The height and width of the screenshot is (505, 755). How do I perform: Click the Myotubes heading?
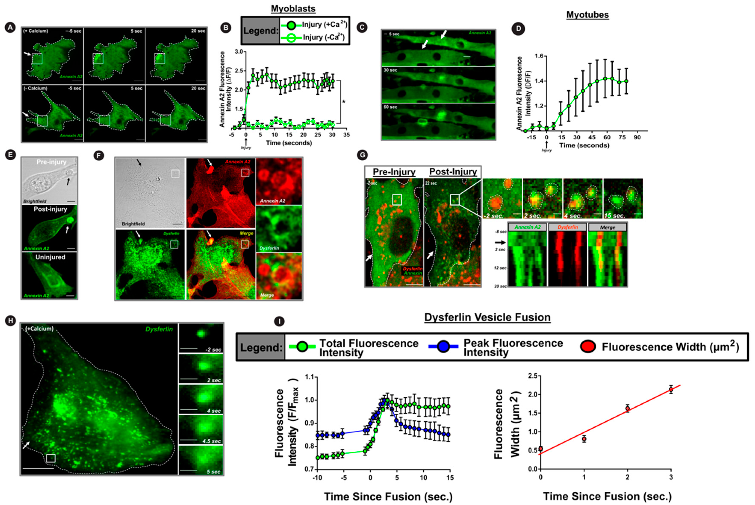587,15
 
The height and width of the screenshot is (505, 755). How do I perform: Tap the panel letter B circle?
226,28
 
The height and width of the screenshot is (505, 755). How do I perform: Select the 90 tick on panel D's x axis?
637,138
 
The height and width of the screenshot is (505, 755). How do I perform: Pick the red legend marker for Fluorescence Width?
588,347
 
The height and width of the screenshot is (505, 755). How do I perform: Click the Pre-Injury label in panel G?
394,172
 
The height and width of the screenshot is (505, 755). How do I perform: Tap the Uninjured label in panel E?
50,257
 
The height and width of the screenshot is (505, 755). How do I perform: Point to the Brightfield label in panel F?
133,224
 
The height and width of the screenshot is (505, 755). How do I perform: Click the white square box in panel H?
51,458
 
